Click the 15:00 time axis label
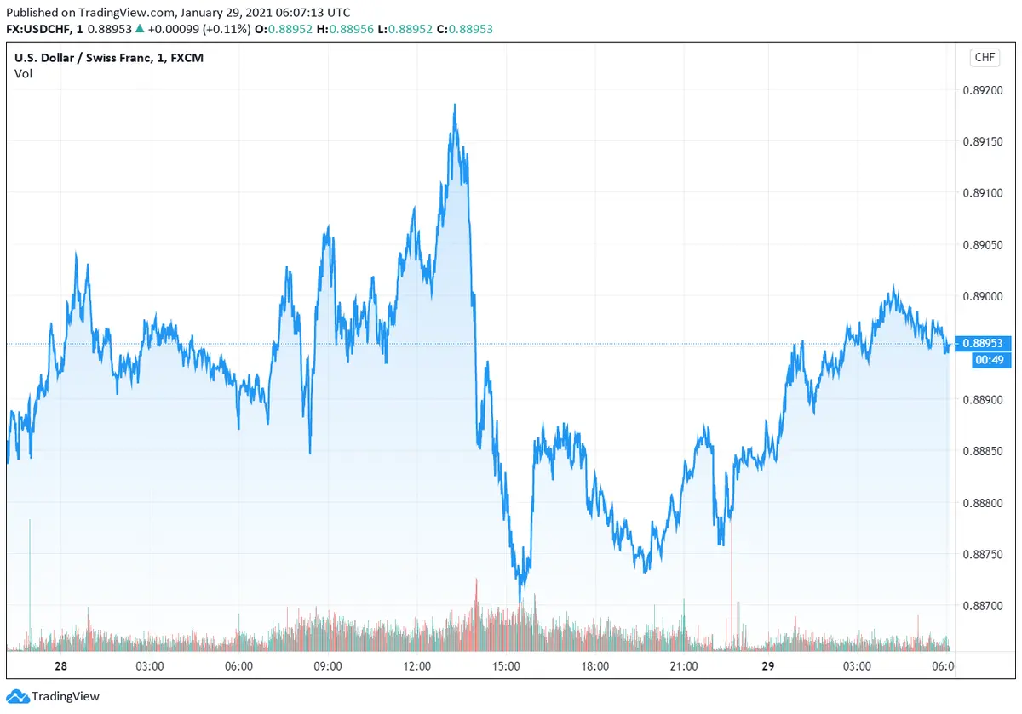(x=506, y=665)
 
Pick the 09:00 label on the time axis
(x=328, y=665)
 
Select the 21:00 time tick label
(x=684, y=665)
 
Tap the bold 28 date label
(x=60, y=665)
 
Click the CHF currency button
(x=984, y=58)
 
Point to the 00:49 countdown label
(x=988, y=360)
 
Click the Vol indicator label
(x=23, y=73)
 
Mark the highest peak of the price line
(x=455, y=105)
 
